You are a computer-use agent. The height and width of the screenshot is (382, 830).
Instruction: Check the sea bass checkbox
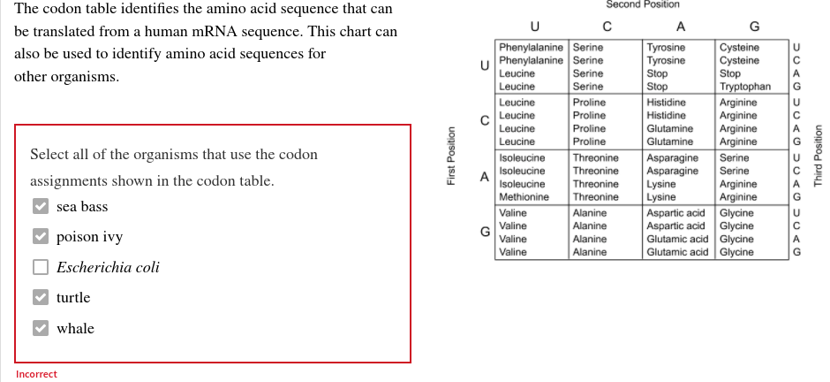pyautogui.click(x=41, y=207)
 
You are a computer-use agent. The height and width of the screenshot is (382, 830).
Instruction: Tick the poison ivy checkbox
pyautogui.click(x=41, y=237)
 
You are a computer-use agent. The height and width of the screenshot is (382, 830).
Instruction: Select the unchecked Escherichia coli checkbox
pyautogui.click(x=41, y=267)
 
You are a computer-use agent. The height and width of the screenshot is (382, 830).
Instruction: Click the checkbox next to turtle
pyautogui.click(x=41, y=298)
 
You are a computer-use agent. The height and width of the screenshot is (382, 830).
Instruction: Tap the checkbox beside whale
pyautogui.click(x=41, y=328)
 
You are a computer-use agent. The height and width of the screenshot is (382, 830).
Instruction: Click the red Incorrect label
pyautogui.click(x=36, y=374)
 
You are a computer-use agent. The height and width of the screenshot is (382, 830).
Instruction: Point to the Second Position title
pyautogui.click(x=643, y=5)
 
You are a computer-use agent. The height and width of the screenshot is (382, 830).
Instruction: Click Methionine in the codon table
pyautogui.click(x=524, y=197)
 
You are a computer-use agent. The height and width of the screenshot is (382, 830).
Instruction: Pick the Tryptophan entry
pyautogui.click(x=745, y=87)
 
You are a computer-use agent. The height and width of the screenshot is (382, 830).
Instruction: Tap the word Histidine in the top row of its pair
pyautogui.click(x=667, y=103)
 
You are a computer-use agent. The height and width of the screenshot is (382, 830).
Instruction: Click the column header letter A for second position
pyautogui.click(x=680, y=26)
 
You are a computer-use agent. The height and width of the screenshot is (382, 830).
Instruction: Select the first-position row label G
pyautogui.click(x=485, y=232)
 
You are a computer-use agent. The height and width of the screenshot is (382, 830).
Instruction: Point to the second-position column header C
pyautogui.click(x=607, y=26)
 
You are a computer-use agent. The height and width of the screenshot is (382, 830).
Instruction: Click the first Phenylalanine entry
pyautogui.click(x=531, y=47)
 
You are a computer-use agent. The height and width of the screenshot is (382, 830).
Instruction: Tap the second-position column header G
pyautogui.click(x=753, y=26)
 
